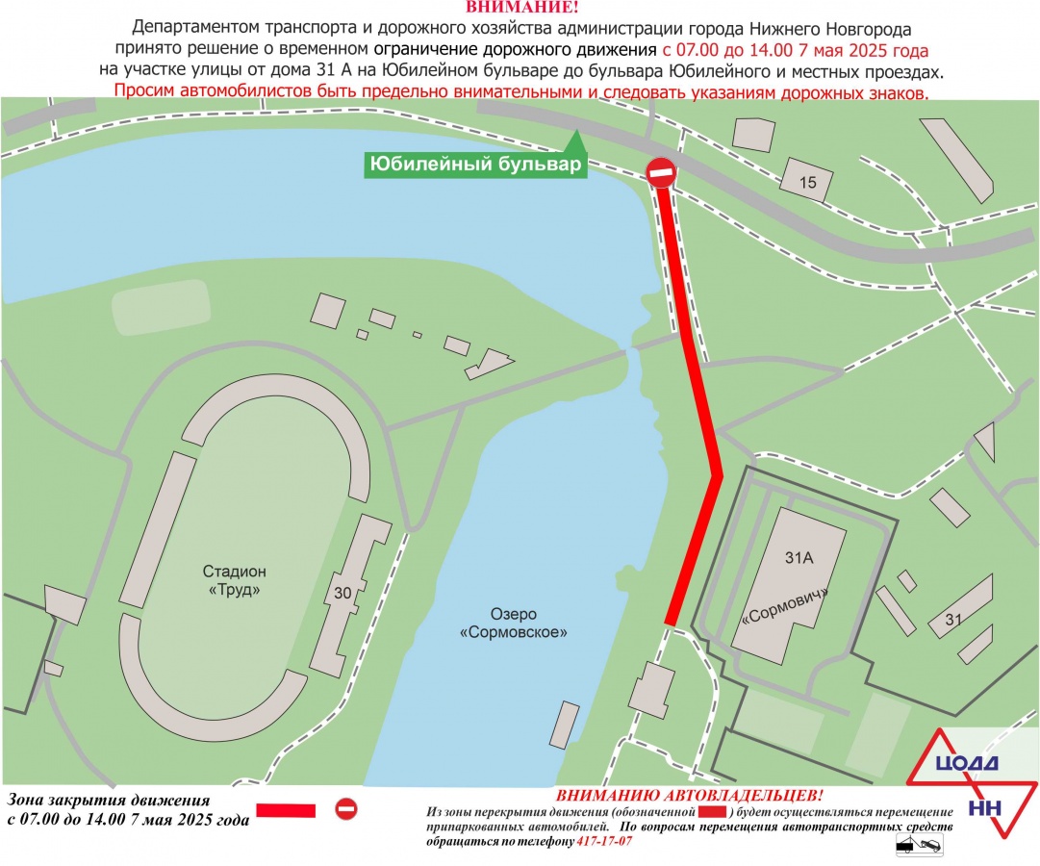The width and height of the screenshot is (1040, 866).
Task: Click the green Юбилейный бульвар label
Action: click(x=475, y=166)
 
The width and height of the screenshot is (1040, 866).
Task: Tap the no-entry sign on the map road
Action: click(x=661, y=174)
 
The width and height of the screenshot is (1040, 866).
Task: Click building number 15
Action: click(x=806, y=182)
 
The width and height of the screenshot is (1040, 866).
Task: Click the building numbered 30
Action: click(x=342, y=594)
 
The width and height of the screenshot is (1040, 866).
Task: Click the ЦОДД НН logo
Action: click(x=967, y=777)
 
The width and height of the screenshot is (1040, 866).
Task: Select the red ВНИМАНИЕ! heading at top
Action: click(x=520, y=8)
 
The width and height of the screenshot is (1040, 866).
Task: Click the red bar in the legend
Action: click(x=284, y=811)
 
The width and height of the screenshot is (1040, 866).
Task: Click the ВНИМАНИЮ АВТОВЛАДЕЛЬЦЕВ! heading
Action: click(x=689, y=796)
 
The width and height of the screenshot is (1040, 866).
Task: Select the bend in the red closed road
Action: click(x=716, y=474)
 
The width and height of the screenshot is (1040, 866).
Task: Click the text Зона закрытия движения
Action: click(x=108, y=800)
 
